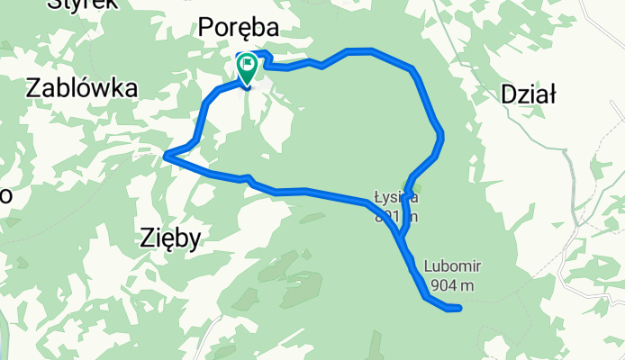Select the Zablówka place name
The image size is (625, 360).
pyautogui.click(x=82, y=88)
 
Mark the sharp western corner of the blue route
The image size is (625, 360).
pyautogui.click(x=167, y=157)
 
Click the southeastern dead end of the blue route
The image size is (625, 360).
pyautogui.click(x=459, y=309)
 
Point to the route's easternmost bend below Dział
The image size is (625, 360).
pyautogui.click(x=441, y=137)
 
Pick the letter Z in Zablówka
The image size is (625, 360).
pyautogui.click(x=34, y=88)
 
